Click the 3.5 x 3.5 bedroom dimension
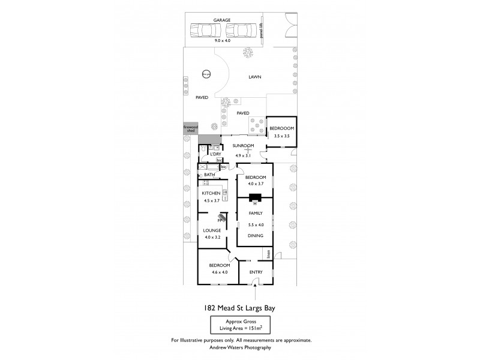(281, 137)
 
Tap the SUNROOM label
(244, 146)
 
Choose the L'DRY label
(208, 155)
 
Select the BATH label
(209, 175)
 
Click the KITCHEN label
(211, 193)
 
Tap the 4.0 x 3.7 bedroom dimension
(255, 185)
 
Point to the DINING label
(256, 236)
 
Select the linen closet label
(269, 254)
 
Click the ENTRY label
(256, 272)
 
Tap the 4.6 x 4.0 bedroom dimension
(219, 272)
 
